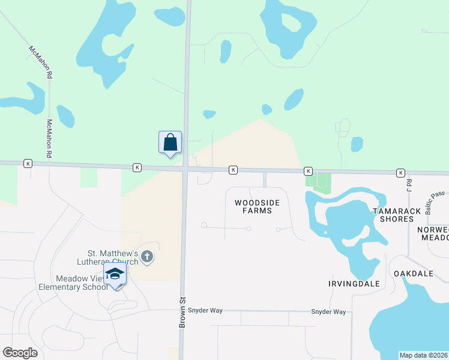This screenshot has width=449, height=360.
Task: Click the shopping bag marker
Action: [x=170, y=143]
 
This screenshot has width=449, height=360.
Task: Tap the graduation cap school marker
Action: [x=115, y=275]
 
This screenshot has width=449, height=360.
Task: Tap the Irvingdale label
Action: [x=354, y=283]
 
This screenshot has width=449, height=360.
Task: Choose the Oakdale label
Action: [x=414, y=274]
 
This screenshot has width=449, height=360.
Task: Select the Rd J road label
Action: [x=409, y=185]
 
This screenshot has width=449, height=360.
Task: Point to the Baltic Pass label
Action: [x=435, y=201]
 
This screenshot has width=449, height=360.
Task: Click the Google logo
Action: [x=20, y=353]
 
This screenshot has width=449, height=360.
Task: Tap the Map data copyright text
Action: [x=423, y=355]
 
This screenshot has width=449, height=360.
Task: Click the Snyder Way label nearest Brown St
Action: [x=205, y=310]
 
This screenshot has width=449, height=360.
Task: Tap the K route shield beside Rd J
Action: [x=400, y=173]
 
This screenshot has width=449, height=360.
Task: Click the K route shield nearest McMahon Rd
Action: [x=27, y=163]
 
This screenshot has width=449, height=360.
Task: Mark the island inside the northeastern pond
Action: [x=292, y=23]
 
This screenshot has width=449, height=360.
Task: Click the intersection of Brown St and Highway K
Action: [x=186, y=169]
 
